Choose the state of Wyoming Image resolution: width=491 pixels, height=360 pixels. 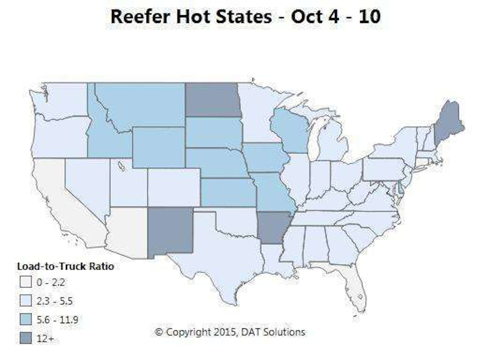[158, 147]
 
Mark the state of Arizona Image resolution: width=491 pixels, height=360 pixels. [126, 231]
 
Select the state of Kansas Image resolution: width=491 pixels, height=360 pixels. [227, 192]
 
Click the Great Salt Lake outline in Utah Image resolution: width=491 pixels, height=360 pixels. [122, 166]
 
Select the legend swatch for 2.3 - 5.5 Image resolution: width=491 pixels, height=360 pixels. [25, 301]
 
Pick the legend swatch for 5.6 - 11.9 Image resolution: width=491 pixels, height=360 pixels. [25, 320]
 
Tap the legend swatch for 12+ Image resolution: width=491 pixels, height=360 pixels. [25, 339]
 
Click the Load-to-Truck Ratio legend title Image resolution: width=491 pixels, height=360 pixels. [65, 266]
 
